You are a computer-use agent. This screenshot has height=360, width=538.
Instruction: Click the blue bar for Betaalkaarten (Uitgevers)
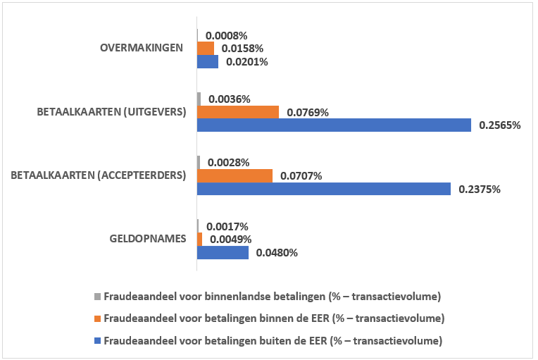334,125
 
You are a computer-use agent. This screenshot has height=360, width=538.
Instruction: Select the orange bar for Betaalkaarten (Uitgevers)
238,112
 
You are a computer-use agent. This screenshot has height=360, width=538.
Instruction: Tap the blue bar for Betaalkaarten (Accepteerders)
324,189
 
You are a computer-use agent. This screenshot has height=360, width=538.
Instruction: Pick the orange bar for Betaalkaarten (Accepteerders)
234,175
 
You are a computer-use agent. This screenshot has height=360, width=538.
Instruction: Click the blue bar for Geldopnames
223,252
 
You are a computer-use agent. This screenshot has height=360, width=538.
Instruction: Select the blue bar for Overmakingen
208,61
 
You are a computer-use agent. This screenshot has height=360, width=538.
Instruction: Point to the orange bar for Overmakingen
206,48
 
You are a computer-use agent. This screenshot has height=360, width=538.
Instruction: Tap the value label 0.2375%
480,189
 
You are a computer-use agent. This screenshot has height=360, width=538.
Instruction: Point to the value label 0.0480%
277,252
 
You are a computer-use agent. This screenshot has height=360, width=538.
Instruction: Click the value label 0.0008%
226,35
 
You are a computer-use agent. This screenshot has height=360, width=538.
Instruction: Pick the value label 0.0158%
242,48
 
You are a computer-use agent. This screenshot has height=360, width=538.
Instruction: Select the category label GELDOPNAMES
148,238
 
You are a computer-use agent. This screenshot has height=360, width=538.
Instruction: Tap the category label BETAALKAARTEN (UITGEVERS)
111,111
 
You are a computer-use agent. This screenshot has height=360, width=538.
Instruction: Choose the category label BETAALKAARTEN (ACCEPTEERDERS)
98,175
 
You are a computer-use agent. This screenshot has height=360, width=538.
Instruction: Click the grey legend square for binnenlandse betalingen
98,295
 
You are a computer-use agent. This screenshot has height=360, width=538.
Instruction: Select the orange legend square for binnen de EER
98,318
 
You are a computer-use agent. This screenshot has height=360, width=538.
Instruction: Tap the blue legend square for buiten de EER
98,342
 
